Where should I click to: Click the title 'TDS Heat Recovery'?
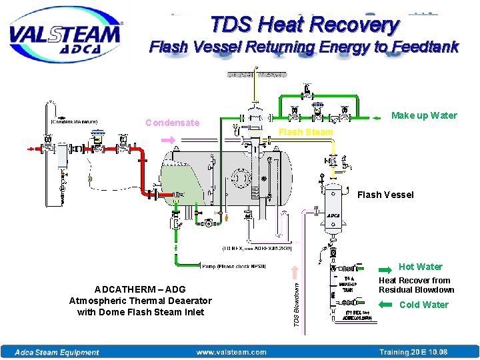(x=305, y=25)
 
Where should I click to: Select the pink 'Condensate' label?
(x=172, y=123)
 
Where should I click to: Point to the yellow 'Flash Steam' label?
(x=305, y=132)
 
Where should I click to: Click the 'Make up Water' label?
(x=424, y=115)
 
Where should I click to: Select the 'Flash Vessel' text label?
(x=385, y=195)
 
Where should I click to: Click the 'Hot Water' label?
(x=420, y=267)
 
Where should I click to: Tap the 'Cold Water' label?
(x=423, y=305)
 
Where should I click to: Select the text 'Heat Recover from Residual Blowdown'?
(x=416, y=285)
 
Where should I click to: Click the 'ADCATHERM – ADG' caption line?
(x=140, y=290)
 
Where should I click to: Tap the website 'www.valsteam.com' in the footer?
(x=231, y=352)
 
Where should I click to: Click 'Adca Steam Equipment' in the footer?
(x=57, y=352)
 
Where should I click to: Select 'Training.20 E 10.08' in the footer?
(x=413, y=352)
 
